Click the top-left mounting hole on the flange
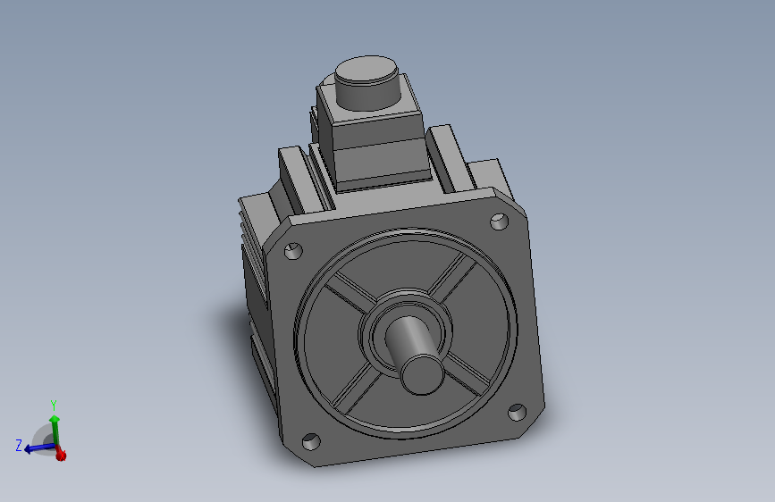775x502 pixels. [292, 252]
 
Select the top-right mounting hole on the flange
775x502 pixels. [497, 222]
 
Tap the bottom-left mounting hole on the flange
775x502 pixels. [311, 441]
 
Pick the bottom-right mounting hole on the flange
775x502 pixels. [517, 412]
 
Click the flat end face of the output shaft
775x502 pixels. [420, 374]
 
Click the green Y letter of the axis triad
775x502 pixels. [54, 406]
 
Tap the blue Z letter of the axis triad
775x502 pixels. [19, 445]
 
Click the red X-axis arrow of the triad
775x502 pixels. [61, 455]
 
